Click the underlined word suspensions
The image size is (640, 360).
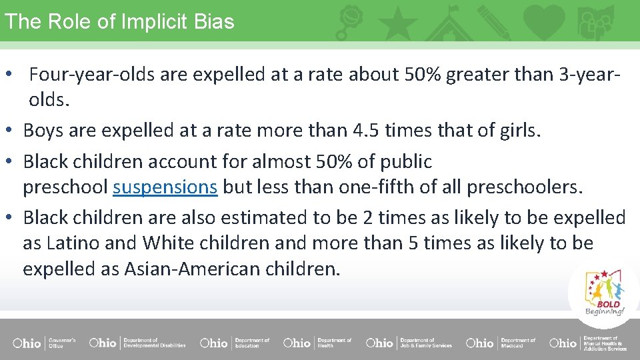click(165, 187)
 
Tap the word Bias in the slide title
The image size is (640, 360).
click(214, 21)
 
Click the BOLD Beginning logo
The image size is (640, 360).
click(604, 293)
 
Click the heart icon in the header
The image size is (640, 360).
click(543, 21)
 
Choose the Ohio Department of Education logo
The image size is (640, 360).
click(235, 343)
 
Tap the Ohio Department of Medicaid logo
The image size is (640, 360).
click(501, 343)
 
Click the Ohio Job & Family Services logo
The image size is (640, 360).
click(409, 343)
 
